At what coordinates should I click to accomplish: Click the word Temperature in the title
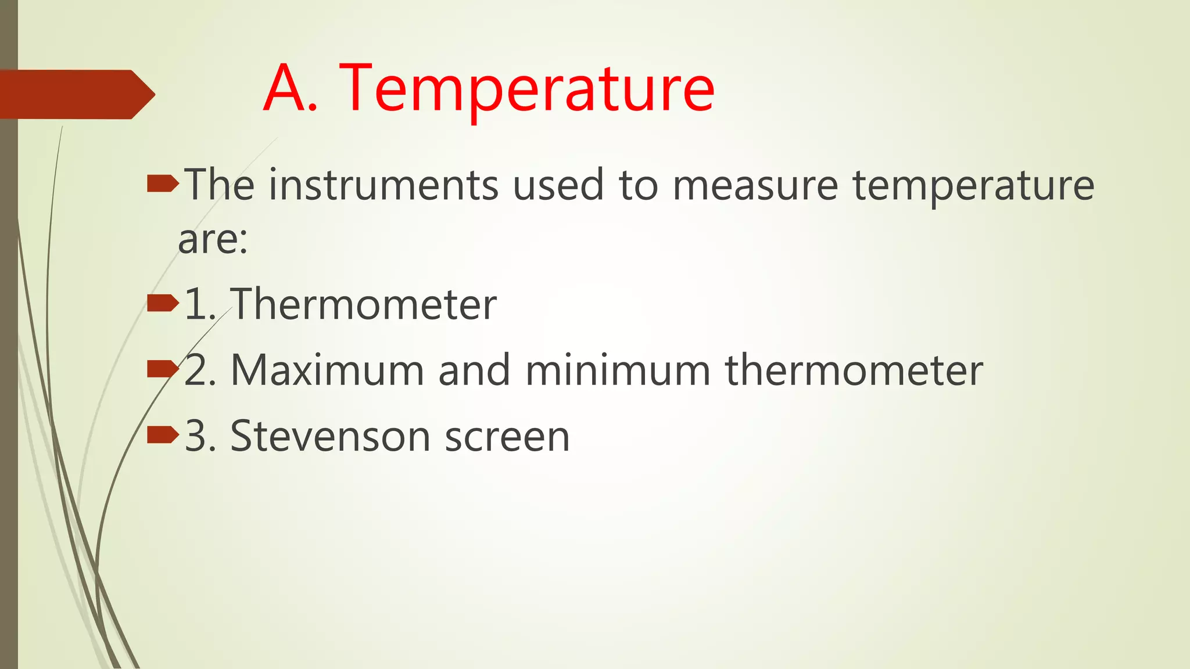(526, 88)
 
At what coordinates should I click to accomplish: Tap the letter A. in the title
(291, 88)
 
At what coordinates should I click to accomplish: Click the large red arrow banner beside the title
(76, 94)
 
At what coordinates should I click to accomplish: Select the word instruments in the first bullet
(383, 185)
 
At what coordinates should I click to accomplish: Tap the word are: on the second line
(213, 239)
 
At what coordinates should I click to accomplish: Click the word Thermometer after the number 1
(364, 304)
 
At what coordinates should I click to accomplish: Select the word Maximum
(327, 371)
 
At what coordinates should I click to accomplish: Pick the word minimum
(618, 371)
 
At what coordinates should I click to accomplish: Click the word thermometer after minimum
(854, 371)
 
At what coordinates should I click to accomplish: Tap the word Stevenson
(330, 436)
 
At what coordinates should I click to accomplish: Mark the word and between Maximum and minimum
(474, 371)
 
